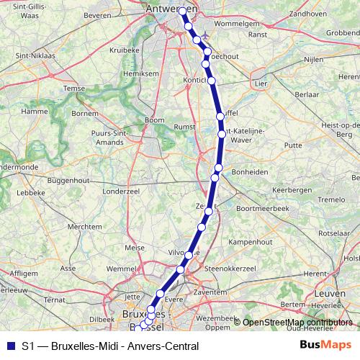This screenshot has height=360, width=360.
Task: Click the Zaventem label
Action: pyautogui.click(x=209, y=293)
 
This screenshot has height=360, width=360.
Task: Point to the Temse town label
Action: pyautogui.click(x=74, y=88)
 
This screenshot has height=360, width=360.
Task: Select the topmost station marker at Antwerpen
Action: pyautogui.click(x=183, y=12)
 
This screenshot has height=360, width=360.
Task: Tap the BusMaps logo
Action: pyautogui.click(x=325, y=344)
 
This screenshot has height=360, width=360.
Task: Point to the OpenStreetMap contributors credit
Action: pyautogui.click(x=297, y=323)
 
